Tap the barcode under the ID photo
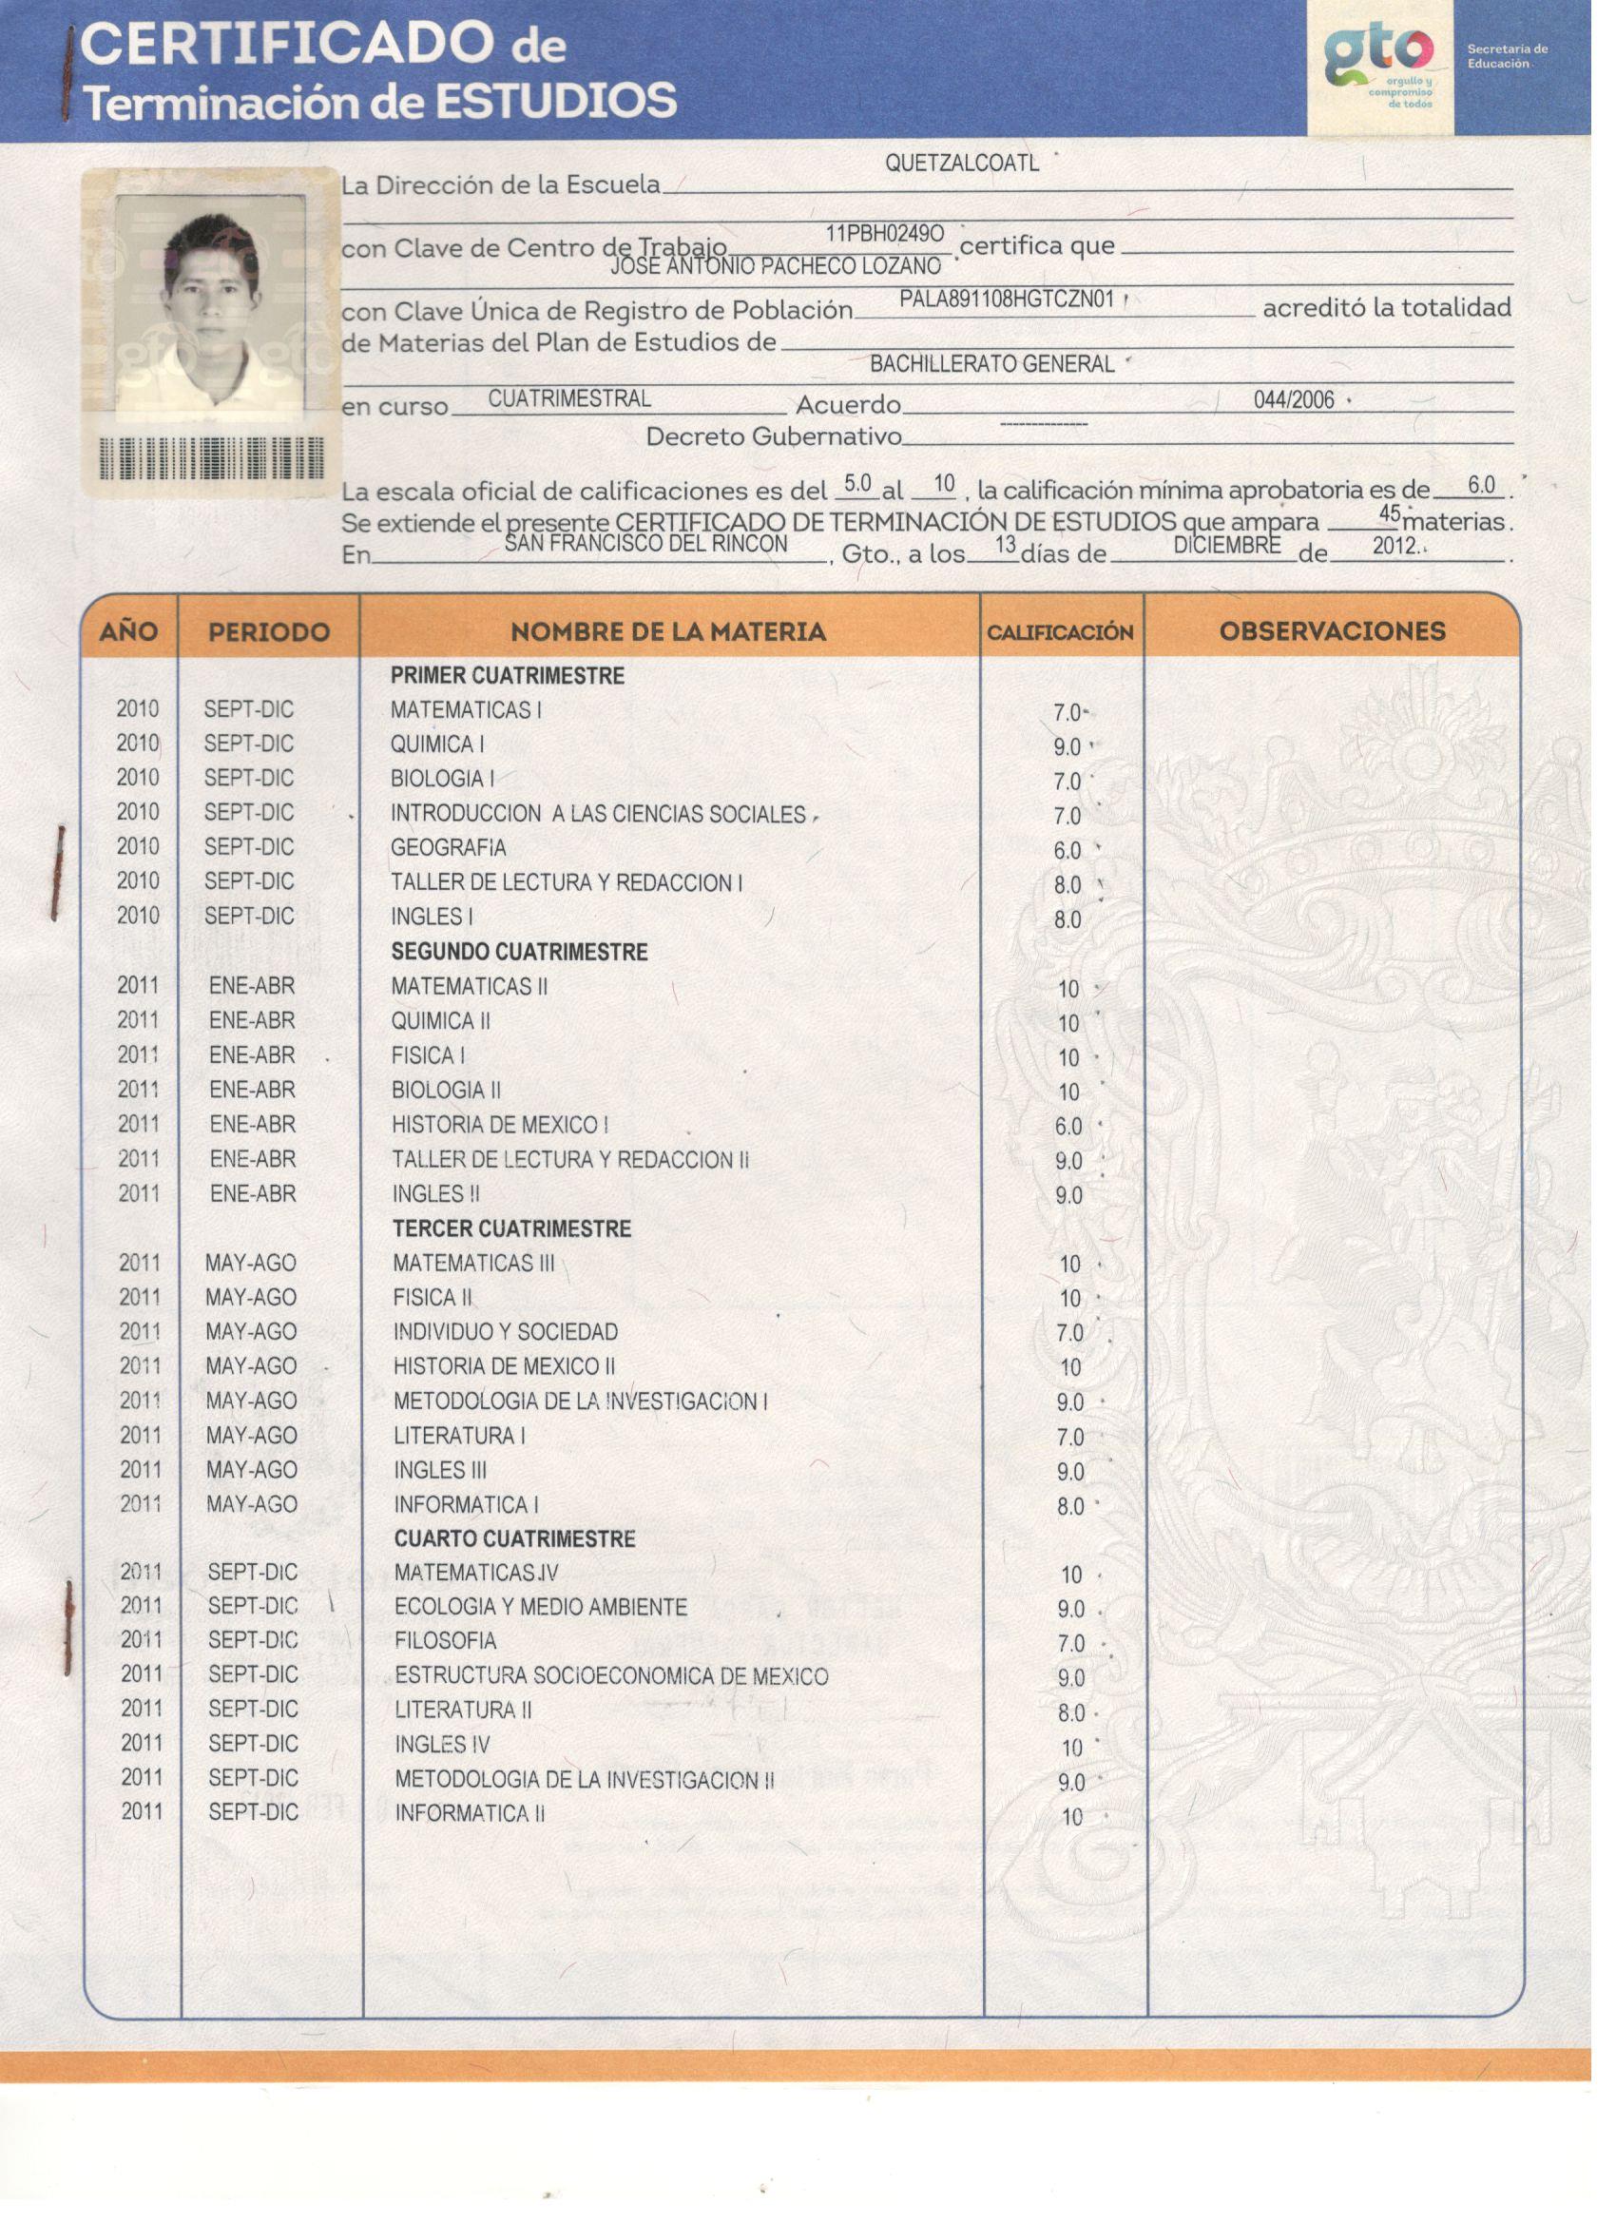click(x=212, y=457)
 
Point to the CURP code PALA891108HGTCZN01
click(x=1007, y=300)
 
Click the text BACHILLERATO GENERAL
click(x=991, y=364)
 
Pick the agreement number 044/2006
click(x=1294, y=399)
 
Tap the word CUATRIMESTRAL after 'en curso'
click(x=568, y=399)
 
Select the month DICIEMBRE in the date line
click(x=1226, y=545)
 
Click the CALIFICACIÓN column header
click(x=1059, y=632)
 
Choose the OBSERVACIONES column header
click(x=1332, y=631)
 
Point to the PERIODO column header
click(x=268, y=632)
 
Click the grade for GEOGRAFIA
click(x=1068, y=851)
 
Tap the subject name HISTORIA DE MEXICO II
click(x=504, y=1366)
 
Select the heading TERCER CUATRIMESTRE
click(x=511, y=1228)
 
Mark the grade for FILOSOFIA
click(x=1070, y=1643)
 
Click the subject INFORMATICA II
click(x=470, y=1813)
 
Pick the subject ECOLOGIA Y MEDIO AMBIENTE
click(x=540, y=1607)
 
